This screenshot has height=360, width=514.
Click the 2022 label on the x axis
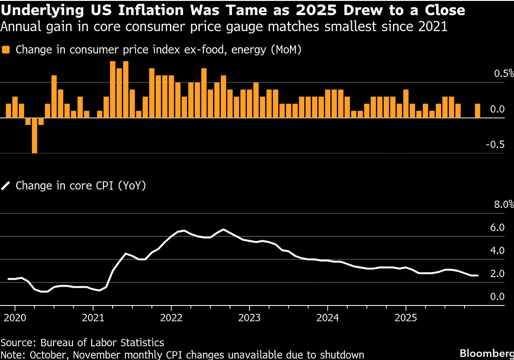pos(171,317)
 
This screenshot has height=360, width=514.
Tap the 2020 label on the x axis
pos(15,317)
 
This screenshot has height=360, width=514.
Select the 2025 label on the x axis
pos(405,317)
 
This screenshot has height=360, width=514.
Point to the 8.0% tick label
pos(503,205)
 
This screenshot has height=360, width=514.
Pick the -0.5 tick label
pos(496,145)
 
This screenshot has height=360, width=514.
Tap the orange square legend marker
pos(6,50)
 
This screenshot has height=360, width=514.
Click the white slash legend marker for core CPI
pos(6,186)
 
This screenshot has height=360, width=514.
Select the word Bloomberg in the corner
pos(487,354)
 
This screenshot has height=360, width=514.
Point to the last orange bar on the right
pos(478,111)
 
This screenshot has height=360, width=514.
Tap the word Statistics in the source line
pos(137,342)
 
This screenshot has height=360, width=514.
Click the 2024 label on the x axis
pos(328,317)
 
